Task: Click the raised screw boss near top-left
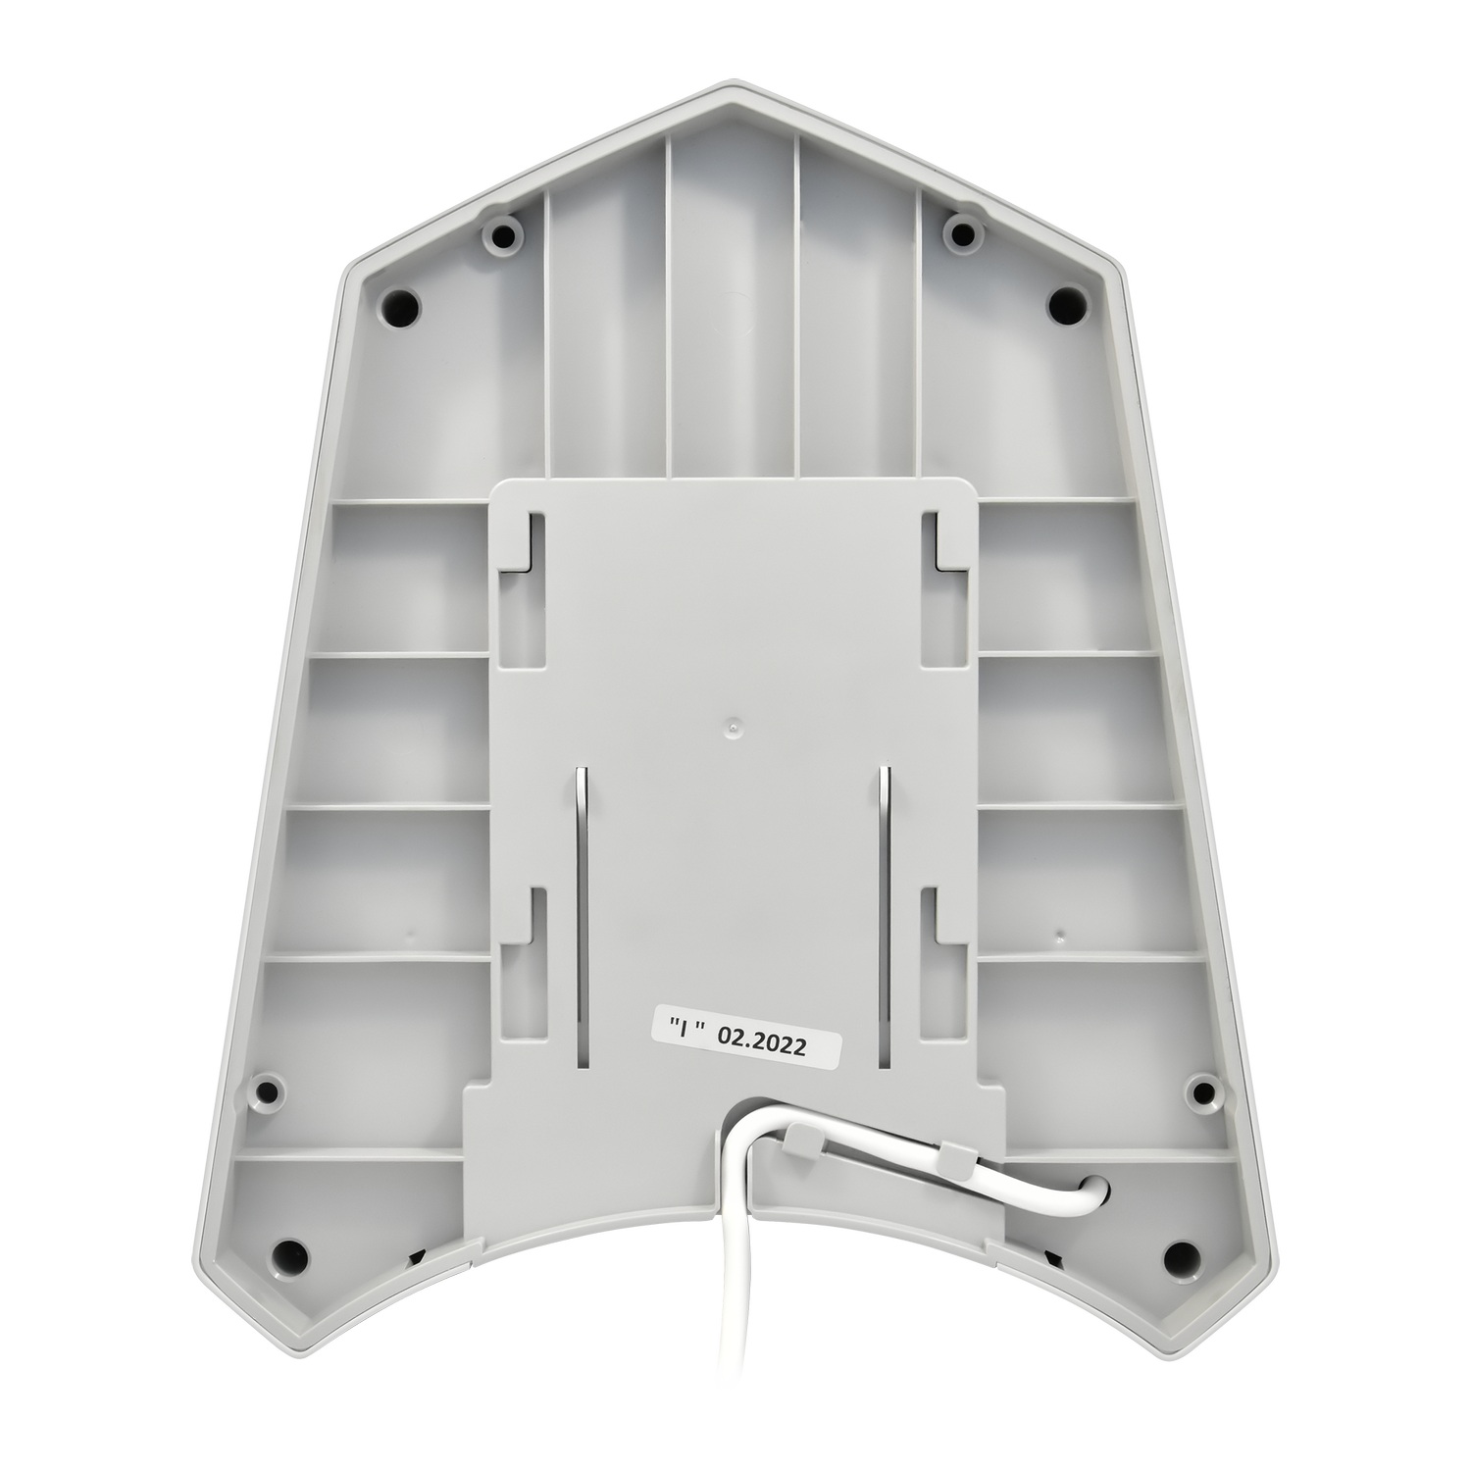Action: tap(504, 236)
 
